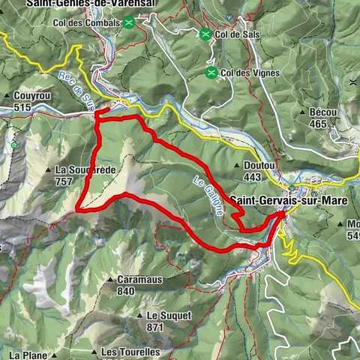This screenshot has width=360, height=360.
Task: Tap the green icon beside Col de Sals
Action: tap(205, 34)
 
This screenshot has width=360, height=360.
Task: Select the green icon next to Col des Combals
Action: tap(130, 23)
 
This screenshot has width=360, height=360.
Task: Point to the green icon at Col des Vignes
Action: tap(212, 73)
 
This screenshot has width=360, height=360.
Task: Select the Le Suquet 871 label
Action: tap(165, 321)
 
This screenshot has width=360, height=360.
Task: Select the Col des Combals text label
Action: tap(86, 23)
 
